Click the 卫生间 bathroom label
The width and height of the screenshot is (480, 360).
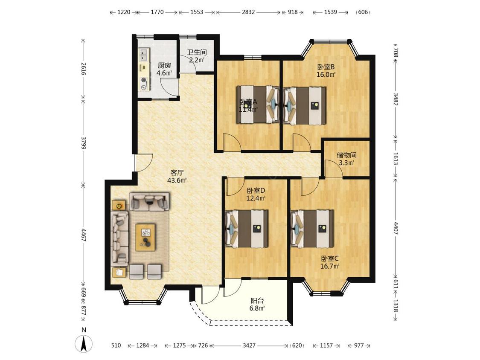click(197, 52)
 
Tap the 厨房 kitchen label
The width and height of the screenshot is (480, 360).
click(164, 65)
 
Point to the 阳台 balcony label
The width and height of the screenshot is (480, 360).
click(257, 301)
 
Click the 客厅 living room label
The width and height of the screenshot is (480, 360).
click(177, 172)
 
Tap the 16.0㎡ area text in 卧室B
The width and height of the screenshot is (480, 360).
click(326, 74)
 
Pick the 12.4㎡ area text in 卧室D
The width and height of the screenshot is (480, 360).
click(256, 198)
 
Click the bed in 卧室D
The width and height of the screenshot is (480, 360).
click(247, 228)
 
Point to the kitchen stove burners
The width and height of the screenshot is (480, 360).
click(144, 84)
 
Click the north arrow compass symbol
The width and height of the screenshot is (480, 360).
click(84, 343)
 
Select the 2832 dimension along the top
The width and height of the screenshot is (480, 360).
click(248, 12)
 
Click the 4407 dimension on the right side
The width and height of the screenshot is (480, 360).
click(396, 228)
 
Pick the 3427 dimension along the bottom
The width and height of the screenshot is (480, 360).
click(249, 345)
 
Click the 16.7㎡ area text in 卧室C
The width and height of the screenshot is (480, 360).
click(330, 266)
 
